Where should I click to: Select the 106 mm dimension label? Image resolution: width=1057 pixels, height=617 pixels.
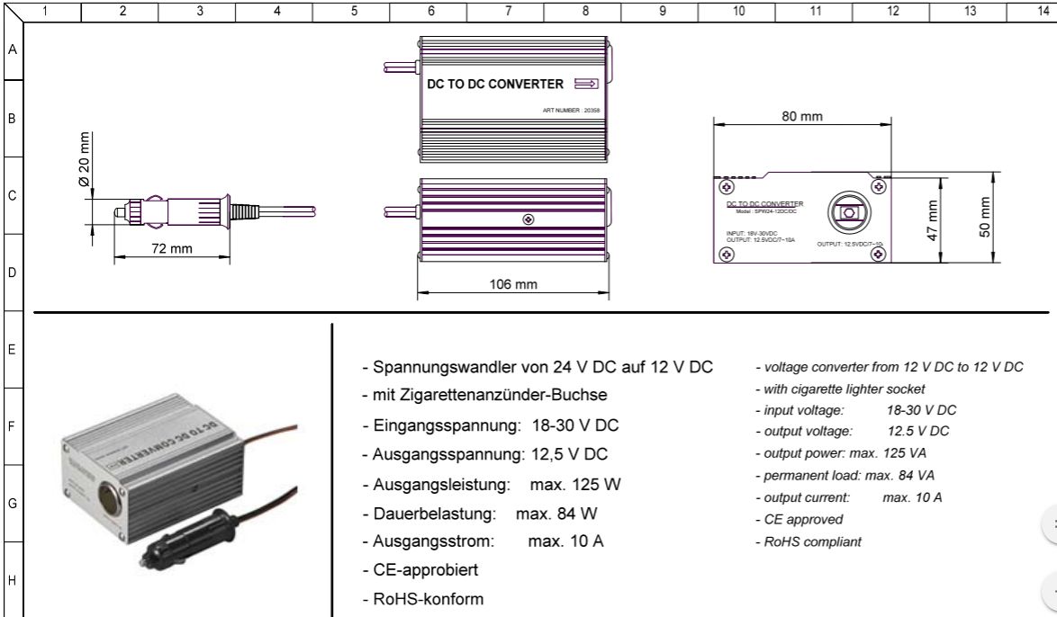(512, 285)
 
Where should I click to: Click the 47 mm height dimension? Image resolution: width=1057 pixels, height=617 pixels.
(933, 220)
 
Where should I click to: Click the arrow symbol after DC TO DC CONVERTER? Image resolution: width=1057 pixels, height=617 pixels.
(586, 85)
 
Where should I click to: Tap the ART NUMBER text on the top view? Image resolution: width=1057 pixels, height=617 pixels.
(571, 110)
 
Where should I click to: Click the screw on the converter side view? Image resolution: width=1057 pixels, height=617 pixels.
(528, 219)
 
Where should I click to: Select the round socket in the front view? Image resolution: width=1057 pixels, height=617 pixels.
(847, 214)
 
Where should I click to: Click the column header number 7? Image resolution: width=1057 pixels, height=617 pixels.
(508, 10)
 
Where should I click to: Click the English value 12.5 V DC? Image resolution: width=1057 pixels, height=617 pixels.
(917, 431)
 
